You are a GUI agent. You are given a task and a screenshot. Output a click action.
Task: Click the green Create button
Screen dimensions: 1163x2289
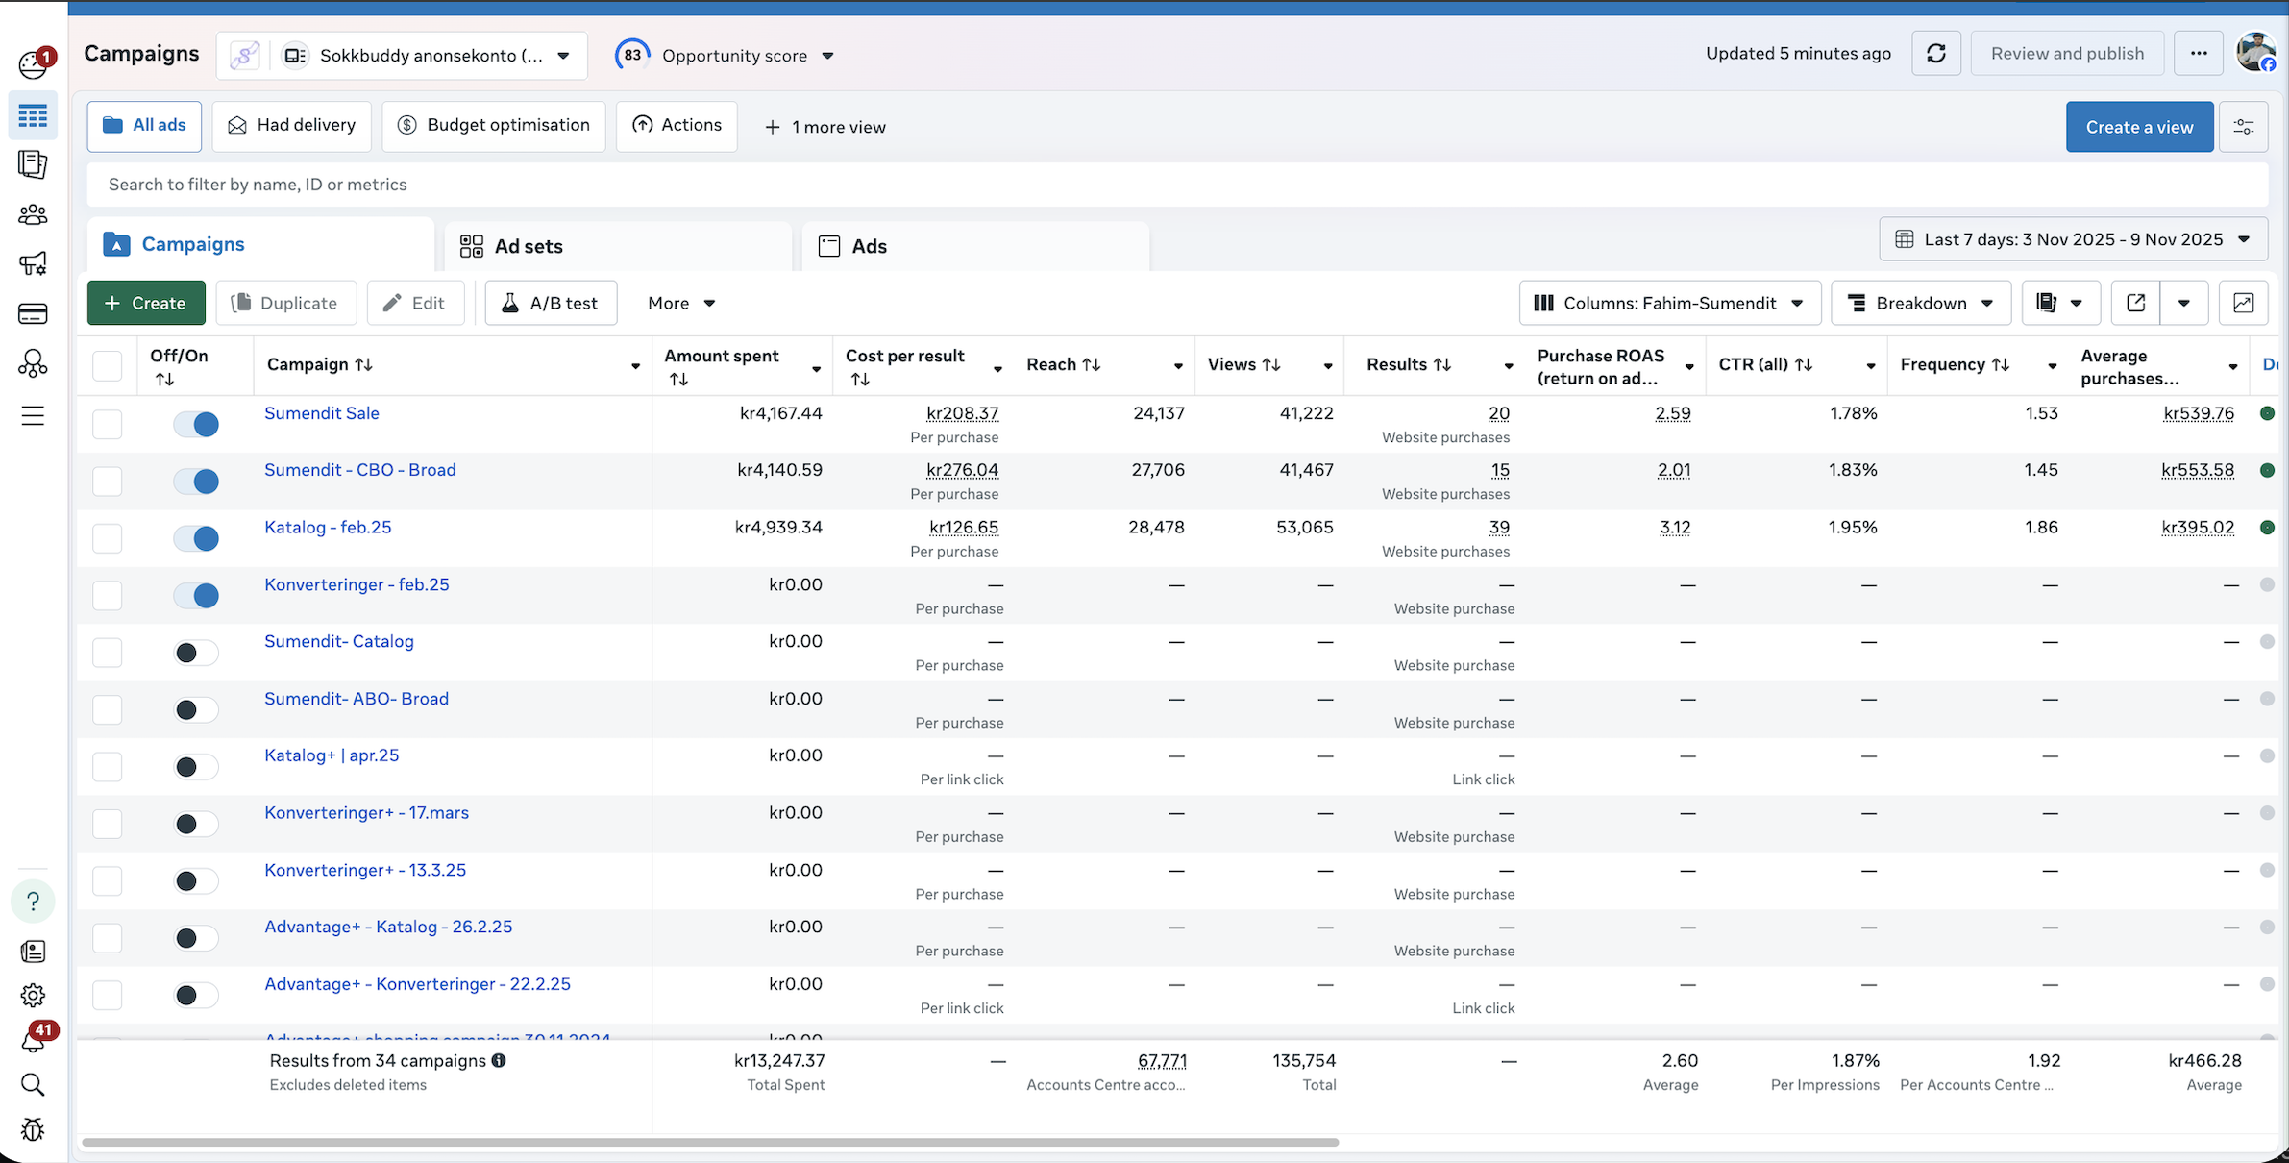pos(146,303)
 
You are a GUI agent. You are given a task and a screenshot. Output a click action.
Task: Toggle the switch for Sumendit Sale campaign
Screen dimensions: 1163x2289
pos(196,424)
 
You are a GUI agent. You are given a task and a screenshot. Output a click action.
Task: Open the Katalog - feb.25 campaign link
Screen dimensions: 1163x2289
pos(328,528)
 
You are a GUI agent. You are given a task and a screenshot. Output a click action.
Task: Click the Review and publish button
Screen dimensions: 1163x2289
pos(2067,54)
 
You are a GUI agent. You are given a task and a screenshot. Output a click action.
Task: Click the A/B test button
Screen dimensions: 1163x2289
pos(551,303)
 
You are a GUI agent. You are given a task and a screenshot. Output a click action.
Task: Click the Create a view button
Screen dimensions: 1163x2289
pos(2139,127)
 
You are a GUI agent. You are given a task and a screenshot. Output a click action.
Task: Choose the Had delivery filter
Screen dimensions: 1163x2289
pos(292,125)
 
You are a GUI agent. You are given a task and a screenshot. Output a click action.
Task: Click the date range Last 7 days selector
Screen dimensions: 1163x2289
pos(2073,239)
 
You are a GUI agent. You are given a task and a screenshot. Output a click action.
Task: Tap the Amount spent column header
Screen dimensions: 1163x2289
pos(723,357)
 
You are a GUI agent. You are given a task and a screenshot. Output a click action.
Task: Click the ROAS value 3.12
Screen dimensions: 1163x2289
pos(1674,528)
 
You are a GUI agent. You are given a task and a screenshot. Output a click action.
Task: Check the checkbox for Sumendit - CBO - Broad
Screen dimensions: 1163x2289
pos(108,481)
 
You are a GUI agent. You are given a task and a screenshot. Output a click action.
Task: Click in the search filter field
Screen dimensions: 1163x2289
pos(1153,185)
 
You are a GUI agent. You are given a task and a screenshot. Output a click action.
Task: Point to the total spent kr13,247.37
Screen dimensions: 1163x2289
pos(779,1061)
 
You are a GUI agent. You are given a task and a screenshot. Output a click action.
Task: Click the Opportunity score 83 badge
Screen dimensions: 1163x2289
pos(632,55)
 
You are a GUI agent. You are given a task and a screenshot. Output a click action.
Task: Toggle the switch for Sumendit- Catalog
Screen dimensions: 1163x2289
pos(196,653)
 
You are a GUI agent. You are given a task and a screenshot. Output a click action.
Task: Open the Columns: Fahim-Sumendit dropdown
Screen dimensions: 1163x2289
pos(1669,303)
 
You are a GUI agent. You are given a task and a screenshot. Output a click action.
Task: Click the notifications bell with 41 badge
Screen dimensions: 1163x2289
pos(33,1041)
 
